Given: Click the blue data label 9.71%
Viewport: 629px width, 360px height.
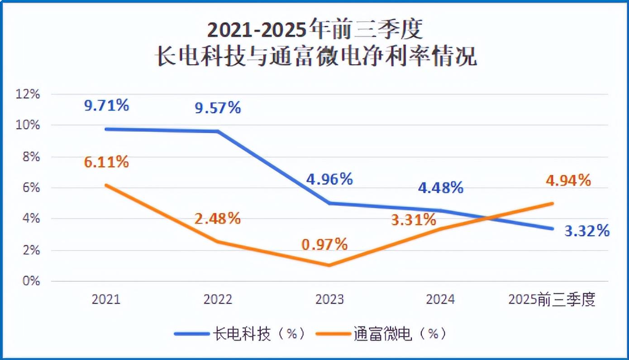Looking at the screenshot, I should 107,106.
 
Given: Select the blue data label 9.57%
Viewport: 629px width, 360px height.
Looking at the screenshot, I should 218,108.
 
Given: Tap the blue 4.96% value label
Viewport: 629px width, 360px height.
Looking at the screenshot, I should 329,179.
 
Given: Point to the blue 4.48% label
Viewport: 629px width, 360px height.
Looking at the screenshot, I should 440,187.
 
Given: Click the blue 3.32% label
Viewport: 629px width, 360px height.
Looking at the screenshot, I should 587,231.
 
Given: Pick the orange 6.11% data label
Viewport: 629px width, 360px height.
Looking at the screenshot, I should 107,162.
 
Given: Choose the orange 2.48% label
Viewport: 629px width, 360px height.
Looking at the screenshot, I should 218,219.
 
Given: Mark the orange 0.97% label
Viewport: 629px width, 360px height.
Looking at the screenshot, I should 325,245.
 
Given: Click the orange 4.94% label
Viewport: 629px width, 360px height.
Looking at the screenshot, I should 568,180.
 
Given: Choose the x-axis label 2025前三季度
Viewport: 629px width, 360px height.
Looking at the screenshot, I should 552,299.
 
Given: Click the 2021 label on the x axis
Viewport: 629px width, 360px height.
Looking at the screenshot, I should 106,299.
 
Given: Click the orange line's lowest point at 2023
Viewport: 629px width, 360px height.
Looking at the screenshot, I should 329,265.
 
